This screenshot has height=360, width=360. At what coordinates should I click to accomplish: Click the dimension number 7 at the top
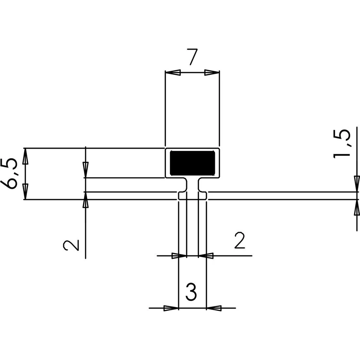(x=193, y=57)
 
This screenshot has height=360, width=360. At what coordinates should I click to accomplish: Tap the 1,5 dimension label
(x=342, y=144)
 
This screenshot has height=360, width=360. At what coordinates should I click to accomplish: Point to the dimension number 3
(x=191, y=292)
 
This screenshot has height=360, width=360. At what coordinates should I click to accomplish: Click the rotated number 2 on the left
(x=71, y=245)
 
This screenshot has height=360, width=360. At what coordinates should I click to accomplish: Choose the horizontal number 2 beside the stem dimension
(x=239, y=240)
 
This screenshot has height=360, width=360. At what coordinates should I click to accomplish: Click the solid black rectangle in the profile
(x=192, y=163)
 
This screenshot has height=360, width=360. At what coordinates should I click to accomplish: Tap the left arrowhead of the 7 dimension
(x=173, y=73)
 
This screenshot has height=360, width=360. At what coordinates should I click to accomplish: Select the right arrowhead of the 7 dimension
(x=212, y=73)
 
